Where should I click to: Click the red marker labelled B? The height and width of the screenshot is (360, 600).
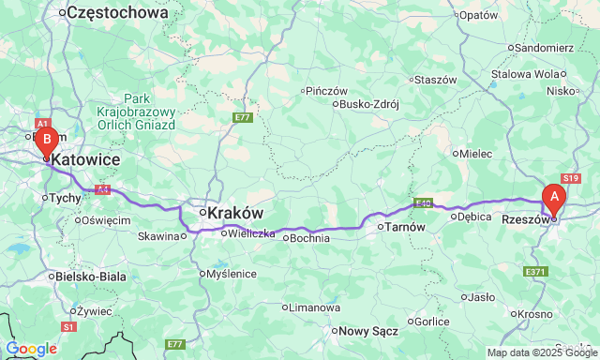(x=45, y=142)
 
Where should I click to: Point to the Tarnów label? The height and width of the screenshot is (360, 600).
(x=405, y=227)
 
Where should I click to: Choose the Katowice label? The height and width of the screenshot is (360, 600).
(x=86, y=161)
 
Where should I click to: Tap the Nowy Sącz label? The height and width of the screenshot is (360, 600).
(x=368, y=330)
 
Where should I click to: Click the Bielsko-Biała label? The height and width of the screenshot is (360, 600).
(x=91, y=277)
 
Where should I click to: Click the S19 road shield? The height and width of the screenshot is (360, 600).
(x=571, y=177)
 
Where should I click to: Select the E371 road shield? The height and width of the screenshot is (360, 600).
(x=534, y=272)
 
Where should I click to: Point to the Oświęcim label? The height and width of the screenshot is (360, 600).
(x=105, y=219)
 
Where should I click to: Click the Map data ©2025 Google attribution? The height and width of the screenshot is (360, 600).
(x=541, y=352)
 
